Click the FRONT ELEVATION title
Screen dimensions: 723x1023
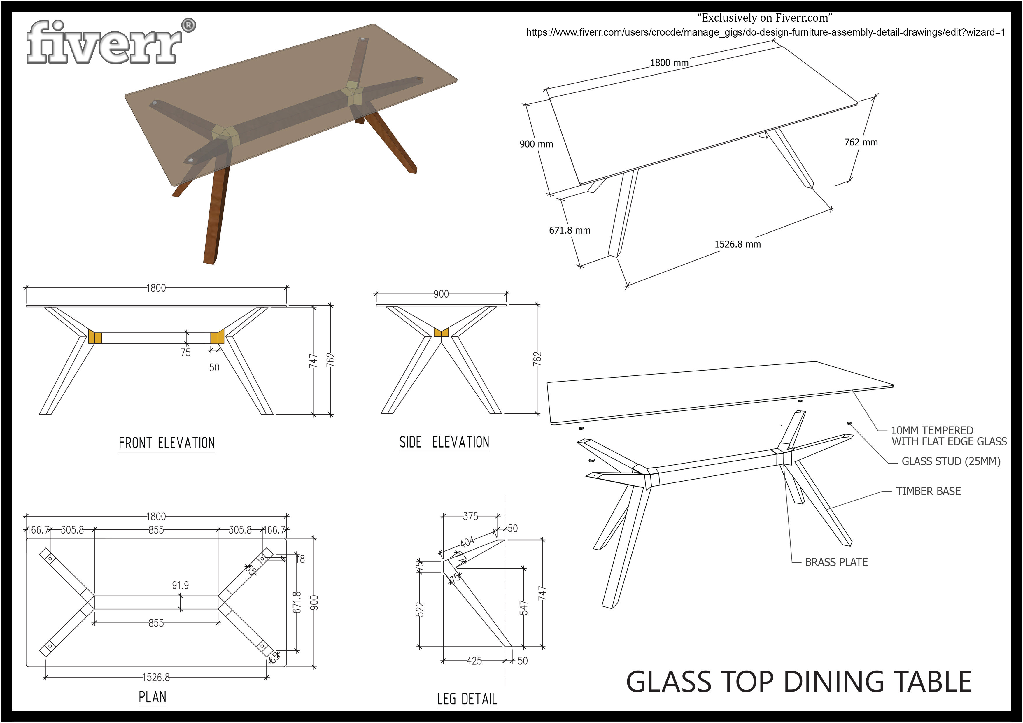click(x=167, y=443)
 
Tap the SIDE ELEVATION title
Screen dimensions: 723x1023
click(x=444, y=442)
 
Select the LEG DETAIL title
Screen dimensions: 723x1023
click(x=467, y=699)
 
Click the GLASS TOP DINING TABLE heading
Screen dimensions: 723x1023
click(x=798, y=682)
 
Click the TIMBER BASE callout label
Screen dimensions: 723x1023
click(x=928, y=491)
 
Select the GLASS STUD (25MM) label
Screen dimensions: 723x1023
click(x=951, y=461)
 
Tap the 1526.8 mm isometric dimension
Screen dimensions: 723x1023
click(x=738, y=244)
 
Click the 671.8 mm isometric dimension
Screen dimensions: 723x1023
click(x=570, y=230)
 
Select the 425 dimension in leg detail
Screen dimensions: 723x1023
click(x=474, y=661)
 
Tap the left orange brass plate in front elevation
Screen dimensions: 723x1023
click(x=95, y=337)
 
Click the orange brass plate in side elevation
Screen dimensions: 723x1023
click(x=441, y=332)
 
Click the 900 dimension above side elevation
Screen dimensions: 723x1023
click(x=441, y=294)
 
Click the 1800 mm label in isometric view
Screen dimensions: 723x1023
click(x=669, y=63)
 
